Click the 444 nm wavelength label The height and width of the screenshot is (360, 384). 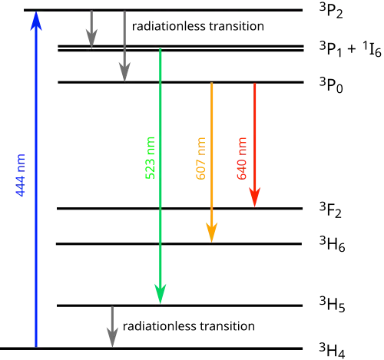coord(21,175)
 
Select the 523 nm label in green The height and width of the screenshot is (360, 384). coord(151,158)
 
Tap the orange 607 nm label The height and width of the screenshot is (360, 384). coord(200,159)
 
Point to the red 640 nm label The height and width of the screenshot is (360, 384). coord(241,159)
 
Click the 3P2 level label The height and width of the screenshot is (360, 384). coord(331,12)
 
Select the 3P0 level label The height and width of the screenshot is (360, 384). coord(331,85)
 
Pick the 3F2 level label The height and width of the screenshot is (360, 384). coord(330,210)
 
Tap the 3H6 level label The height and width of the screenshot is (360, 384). coord(333,244)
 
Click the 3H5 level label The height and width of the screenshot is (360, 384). coord(333,305)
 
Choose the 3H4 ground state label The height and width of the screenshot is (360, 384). coord(333,350)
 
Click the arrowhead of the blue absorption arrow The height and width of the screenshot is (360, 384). coord(36,21)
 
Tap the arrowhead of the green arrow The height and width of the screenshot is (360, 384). coord(161,294)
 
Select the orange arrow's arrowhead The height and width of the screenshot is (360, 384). coord(212,233)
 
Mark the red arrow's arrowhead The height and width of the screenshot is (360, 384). coord(255,197)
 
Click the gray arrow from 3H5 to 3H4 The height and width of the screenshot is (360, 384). coord(112,326)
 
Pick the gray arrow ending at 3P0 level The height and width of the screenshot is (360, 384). coord(124,46)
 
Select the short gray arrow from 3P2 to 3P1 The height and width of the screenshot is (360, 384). coord(91,29)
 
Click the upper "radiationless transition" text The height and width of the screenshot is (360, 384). coord(198,26)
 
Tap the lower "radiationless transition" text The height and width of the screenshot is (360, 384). coord(189,326)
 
